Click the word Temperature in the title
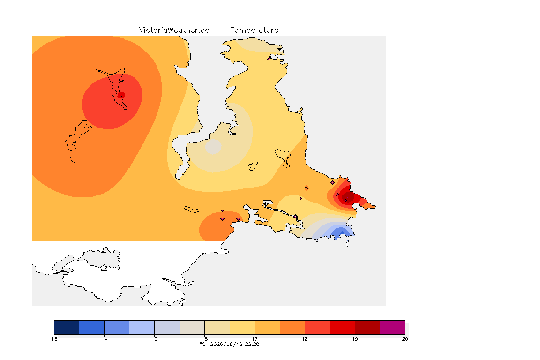pyautogui.click(x=254, y=30)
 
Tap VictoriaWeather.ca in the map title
pyautogui.click(x=174, y=30)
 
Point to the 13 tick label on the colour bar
pyautogui.click(x=54, y=339)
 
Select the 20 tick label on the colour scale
pyautogui.click(x=405, y=339)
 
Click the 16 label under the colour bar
pyautogui.click(x=204, y=339)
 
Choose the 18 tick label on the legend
pyautogui.click(x=305, y=339)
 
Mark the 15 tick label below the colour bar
pyautogui.click(x=154, y=339)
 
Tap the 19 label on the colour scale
pyautogui.click(x=355, y=339)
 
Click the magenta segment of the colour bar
pyautogui.click(x=393, y=327)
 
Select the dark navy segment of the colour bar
pyautogui.click(x=67, y=327)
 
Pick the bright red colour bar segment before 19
pyautogui.click(x=342, y=327)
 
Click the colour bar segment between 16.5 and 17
pyautogui.click(x=242, y=327)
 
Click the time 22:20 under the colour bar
pyautogui.click(x=252, y=344)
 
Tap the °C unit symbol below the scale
pyautogui.click(x=203, y=344)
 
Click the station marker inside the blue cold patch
pyautogui.click(x=341, y=231)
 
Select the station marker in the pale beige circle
pyautogui.click(x=212, y=149)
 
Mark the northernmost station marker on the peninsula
pyautogui.click(x=270, y=59)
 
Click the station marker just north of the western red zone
pyautogui.click(x=108, y=69)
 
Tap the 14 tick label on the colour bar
pyautogui.click(x=105, y=339)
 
